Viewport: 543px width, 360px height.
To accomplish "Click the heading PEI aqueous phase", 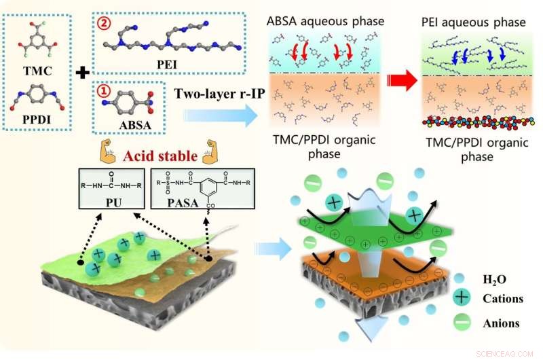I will [472, 22].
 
